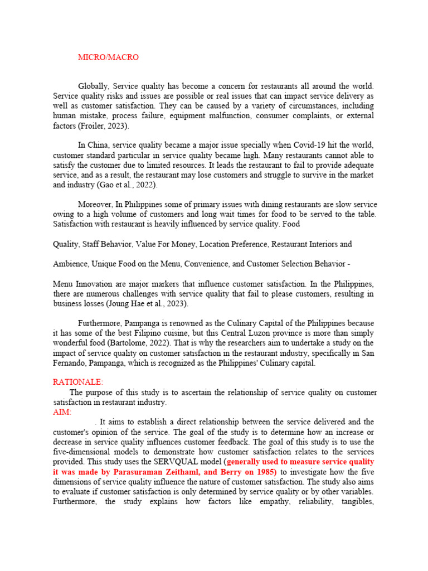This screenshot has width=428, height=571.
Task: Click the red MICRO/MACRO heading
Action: (108, 57)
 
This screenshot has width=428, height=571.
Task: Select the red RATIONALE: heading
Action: (77, 382)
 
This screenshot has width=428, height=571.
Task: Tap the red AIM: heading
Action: (62, 412)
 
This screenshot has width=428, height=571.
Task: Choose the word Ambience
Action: (71, 264)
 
